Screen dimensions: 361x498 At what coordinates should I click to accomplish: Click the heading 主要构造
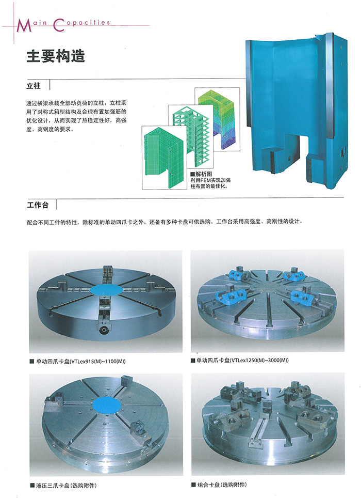56,56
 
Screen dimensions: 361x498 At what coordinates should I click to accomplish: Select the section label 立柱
34,86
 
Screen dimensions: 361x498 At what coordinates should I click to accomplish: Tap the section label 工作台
38,205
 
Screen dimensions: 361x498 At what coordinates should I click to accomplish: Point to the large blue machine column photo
297,111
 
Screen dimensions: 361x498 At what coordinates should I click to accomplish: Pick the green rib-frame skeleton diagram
190,136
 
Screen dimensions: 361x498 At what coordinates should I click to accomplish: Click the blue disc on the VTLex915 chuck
106,290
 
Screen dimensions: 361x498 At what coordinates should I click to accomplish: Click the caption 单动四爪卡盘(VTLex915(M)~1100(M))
80,361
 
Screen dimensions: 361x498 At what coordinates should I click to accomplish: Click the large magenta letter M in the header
24,25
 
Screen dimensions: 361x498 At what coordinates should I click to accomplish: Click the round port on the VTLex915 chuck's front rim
104,331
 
